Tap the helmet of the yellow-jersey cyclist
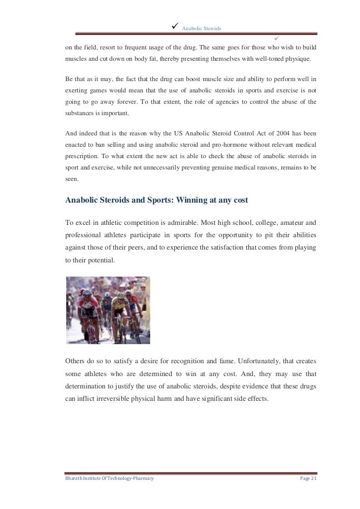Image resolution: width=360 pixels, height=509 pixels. click(x=121, y=294)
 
